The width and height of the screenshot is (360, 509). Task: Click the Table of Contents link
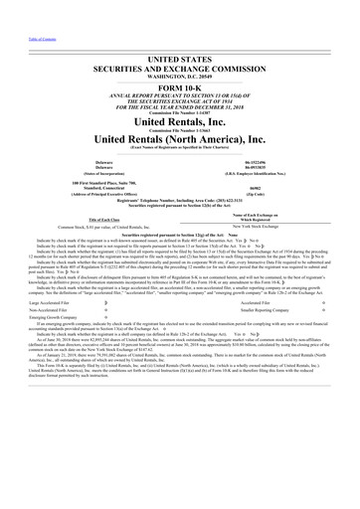tap(19, 7)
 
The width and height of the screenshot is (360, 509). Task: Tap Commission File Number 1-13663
tap(179, 134)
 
